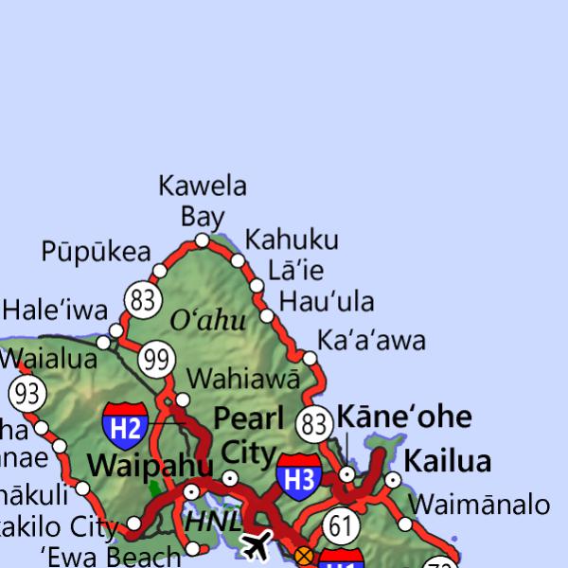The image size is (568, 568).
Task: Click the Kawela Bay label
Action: [202, 200]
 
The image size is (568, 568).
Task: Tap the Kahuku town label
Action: [291, 240]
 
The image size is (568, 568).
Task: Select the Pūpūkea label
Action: [96, 252]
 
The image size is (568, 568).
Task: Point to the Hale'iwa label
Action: [55, 310]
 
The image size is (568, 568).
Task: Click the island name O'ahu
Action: [207, 321]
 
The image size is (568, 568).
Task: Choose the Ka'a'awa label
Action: [371, 340]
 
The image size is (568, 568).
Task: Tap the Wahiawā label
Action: [243, 379]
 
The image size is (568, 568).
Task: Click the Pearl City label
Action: [244, 435]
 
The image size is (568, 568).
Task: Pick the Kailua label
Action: [448, 461]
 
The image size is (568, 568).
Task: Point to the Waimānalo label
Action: [479, 503]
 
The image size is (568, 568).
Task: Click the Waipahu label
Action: [151, 465]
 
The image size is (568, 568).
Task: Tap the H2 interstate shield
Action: [125, 425]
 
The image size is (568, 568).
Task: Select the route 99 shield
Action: [156, 360]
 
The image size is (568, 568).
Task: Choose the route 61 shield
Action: [342, 525]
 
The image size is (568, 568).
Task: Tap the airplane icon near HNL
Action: [256, 544]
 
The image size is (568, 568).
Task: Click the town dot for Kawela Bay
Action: [202, 240]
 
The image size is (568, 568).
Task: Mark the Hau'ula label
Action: [327, 302]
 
